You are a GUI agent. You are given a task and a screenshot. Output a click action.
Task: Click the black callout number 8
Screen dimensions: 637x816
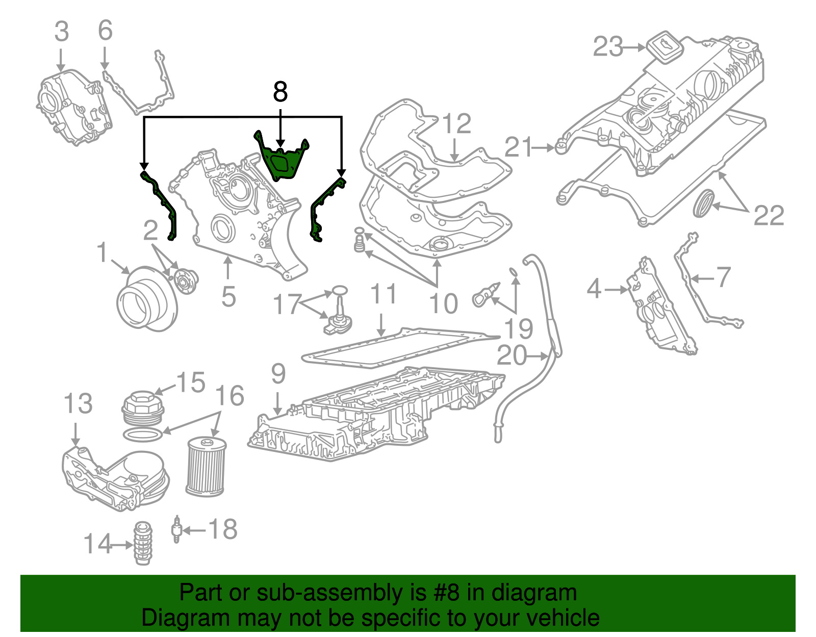click(x=280, y=92)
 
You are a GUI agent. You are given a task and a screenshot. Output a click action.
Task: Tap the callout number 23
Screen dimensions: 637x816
click(x=607, y=47)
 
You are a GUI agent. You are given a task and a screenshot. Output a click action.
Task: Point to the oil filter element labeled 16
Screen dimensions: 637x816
click(x=206, y=467)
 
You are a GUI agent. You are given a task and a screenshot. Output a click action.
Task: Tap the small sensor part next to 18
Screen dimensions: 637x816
click(x=176, y=529)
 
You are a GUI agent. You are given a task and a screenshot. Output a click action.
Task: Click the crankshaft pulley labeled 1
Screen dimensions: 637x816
click(x=145, y=298)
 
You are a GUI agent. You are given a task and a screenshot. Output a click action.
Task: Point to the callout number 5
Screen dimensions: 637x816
click(x=228, y=296)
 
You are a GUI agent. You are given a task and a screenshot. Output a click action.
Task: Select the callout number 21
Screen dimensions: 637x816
click(x=518, y=147)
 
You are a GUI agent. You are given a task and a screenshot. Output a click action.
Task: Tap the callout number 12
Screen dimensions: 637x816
click(x=456, y=124)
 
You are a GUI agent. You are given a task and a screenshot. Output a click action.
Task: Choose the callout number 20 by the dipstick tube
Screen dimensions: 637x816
click(x=512, y=355)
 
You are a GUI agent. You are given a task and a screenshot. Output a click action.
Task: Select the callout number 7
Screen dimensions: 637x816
click(x=723, y=277)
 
